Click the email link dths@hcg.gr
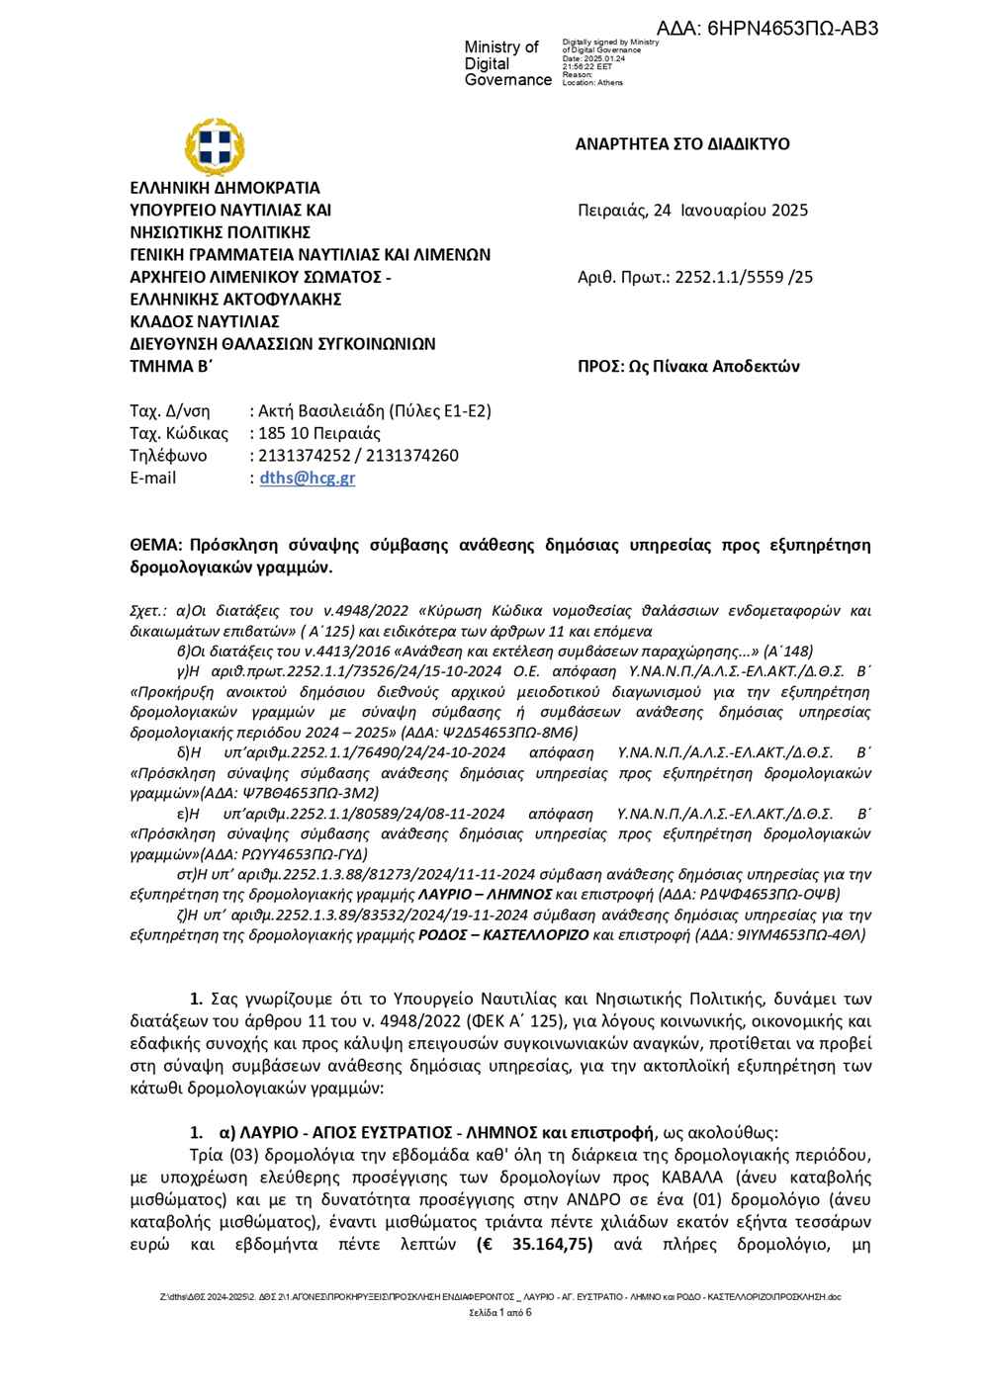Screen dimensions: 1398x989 [x=307, y=479]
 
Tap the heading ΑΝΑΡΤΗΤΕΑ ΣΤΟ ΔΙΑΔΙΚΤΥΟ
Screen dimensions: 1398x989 [x=682, y=144]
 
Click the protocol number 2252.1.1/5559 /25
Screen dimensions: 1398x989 [x=744, y=277]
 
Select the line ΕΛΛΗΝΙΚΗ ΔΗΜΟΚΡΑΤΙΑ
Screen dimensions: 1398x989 [x=225, y=187]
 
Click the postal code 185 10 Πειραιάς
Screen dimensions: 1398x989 [x=318, y=433]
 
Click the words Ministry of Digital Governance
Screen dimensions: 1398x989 [x=506, y=63]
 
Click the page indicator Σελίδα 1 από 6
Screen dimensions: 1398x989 [x=500, y=1313]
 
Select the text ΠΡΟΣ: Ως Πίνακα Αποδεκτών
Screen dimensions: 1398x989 [x=688, y=367]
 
